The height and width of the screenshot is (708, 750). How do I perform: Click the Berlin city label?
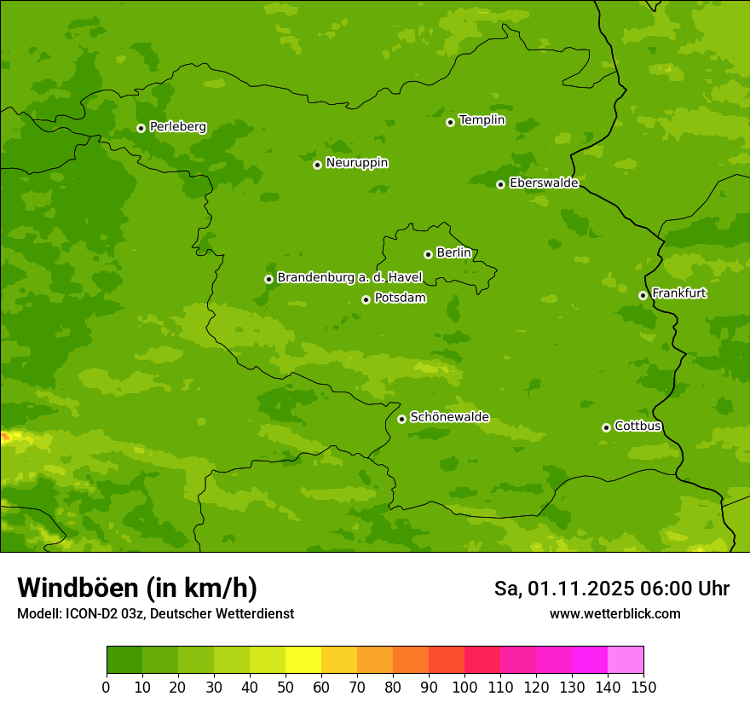pyautogui.click(x=453, y=253)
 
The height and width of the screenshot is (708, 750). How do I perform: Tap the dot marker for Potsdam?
pyautogui.click(x=366, y=299)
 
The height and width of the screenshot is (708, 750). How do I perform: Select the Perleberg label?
pyautogui.click(x=177, y=127)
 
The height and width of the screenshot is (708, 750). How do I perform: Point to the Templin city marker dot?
pyautogui.click(x=451, y=122)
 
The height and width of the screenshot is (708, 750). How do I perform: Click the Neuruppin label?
pyautogui.click(x=356, y=163)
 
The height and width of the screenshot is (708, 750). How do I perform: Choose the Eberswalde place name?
pyautogui.click(x=544, y=183)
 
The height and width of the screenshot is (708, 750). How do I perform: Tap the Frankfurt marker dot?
pyautogui.click(x=643, y=295)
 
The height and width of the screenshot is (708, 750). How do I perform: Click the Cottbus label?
pyautogui.click(x=637, y=427)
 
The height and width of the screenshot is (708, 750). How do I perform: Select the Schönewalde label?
pyautogui.click(x=449, y=417)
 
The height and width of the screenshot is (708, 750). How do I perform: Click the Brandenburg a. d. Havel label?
pyautogui.click(x=349, y=278)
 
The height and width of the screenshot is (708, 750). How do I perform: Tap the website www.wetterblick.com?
pyautogui.click(x=614, y=613)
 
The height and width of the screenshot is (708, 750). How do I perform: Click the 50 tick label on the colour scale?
pyautogui.click(x=286, y=687)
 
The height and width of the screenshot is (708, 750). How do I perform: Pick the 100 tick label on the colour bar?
pyautogui.click(x=464, y=687)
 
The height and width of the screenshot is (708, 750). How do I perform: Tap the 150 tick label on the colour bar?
pyautogui.click(x=643, y=687)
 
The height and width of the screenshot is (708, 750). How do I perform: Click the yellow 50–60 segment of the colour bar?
pyautogui.click(x=303, y=660)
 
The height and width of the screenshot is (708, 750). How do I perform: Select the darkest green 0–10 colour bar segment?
pyautogui.click(x=124, y=660)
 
